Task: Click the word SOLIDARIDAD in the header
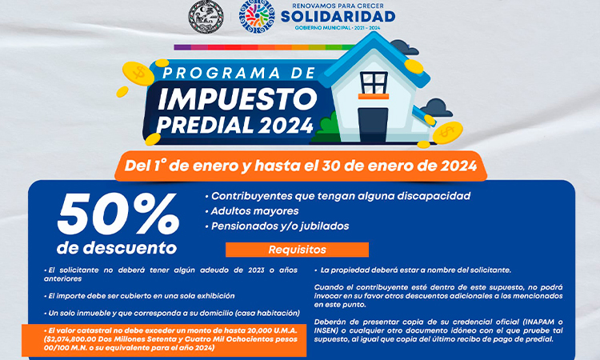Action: pyautogui.click(x=338, y=17)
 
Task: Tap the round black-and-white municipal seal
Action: pyautogui.click(x=206, y=17)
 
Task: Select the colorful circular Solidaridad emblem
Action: pyautogui.click(x=257, y=17)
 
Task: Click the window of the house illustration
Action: pyautogui.click(x=374, y=83)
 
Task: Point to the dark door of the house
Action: pyautogui.click(x=373, y=125)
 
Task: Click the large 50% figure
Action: pyautogui.click(x=118, y=214)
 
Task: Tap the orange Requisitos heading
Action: pyautogui.click(x=297, y=250)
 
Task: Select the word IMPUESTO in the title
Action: pyautogui.click(x=238, y=99)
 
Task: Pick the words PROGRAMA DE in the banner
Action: pyautogui.click(x=239, y=73)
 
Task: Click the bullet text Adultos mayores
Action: pyautogui.click(x=255, y=211)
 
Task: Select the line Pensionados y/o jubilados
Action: pyautogui.click(x=280, y=226)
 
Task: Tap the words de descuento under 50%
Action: pyautogui.click(x=117, y=248)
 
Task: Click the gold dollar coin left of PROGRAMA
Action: pyautogui.click(x=138, y=73)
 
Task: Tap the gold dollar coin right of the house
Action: pyautogui.click(x=447, y=133)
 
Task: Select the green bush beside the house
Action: pyautogui.click(x=326, y=127)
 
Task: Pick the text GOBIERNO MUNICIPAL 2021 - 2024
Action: pyautogui.click(x=338, y=28)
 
